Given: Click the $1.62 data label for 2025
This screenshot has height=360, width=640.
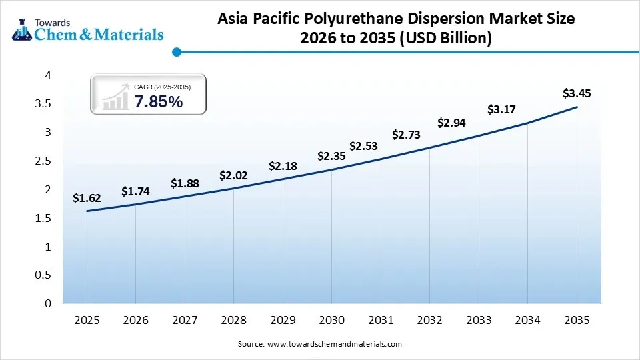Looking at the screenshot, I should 87,198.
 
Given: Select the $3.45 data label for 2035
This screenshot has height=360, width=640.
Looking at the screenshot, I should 577,93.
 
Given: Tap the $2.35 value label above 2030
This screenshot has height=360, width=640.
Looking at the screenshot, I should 331,156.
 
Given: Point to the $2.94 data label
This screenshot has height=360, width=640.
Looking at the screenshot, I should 451,122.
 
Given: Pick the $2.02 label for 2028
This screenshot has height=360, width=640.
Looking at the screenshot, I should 233,176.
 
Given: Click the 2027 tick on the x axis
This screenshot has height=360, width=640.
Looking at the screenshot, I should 185,321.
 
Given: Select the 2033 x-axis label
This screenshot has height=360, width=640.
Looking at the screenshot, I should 479,321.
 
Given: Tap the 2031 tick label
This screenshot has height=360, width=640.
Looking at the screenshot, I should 381,321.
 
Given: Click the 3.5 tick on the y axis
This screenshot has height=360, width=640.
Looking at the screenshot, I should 43,104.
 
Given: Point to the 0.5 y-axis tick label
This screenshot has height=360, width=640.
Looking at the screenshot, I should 43,275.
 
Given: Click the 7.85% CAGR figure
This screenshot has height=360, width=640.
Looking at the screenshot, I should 158,102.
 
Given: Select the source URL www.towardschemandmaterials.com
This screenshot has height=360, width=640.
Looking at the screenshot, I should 334,344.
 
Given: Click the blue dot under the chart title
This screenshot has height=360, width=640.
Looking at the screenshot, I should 176,51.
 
